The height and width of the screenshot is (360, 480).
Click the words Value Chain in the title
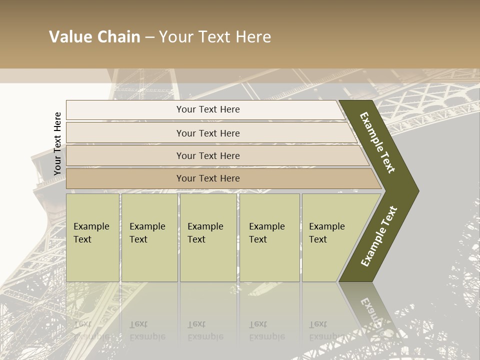coord(94,37)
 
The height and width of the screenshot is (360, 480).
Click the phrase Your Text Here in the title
coord(215,37)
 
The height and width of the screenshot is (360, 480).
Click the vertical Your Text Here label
coord(57,143)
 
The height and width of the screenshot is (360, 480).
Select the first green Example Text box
coord(92,237)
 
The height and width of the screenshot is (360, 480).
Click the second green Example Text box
coord(149,237)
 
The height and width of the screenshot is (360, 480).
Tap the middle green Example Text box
coord(208,237)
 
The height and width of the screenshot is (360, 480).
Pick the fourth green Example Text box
coord(269,237)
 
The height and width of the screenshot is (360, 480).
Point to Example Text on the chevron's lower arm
coord(379,236)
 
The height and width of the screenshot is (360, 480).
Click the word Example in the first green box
coord(91,226)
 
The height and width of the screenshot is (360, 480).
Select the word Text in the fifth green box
coord(318,239)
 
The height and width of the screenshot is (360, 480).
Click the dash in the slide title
coord(149,37)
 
